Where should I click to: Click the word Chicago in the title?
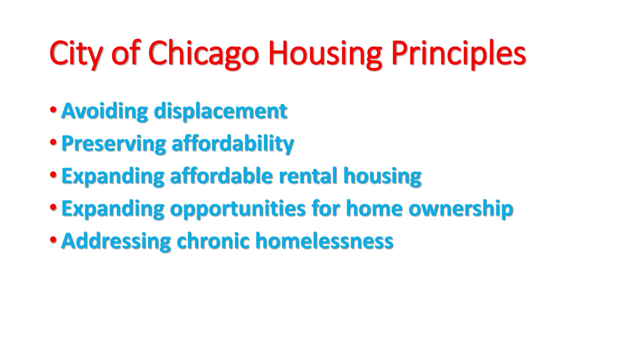coord(203,54)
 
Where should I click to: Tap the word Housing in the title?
coord(325,54)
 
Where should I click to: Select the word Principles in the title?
coord(458,54)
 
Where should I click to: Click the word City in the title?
coord(75,54)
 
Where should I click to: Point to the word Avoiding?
coord(104,111)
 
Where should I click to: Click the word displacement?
coord(220,111)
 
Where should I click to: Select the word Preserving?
coord(113,143)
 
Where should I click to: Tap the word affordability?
coord(232,143)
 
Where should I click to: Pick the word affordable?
coord(221,175)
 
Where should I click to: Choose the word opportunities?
coord(237,209)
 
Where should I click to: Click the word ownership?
coord(461,209)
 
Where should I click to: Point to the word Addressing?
coord(116,241)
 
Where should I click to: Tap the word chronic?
coord(213,241)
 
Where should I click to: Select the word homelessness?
coord(324,241)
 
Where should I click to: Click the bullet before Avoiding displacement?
coord(53,109)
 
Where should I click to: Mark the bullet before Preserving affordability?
coord(53,142)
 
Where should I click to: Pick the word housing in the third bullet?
coord(382,175)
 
